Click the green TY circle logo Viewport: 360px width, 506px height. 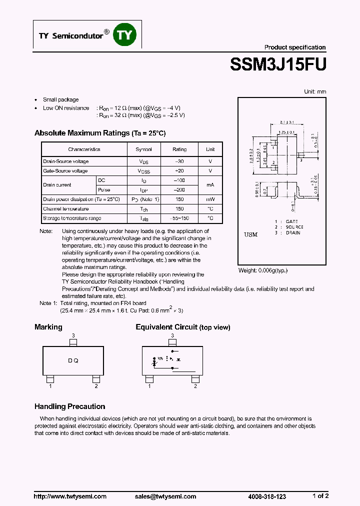(x=125, y=34)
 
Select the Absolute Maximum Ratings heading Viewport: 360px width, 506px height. (x=99, y=133)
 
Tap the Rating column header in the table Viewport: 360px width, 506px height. (x=179, y=149)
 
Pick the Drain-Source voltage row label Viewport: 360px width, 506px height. (x=66, y=161)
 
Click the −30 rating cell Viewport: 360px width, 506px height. (x=179, y=161)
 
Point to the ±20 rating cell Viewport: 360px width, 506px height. (x=179, y=171)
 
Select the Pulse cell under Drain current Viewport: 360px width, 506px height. (x=104, y=190)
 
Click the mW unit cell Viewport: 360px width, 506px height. (x=210, y=199)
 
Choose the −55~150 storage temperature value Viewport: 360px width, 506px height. (x=179, y=218)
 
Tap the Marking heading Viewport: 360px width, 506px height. (x=48, y=327)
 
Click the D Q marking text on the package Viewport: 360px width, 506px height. (x=73, y=360)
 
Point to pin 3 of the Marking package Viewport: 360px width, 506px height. (x=73, y=342)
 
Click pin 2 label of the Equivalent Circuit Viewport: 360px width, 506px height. (x=195, y=386)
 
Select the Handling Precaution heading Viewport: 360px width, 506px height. (x=69, y=406)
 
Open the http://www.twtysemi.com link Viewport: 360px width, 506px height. (x=70, y=496)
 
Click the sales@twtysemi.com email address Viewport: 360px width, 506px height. (x=165, y=496)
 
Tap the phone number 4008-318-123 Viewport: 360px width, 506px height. (x=267, y=496)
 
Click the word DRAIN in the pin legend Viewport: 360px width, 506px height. (x=293, y=233)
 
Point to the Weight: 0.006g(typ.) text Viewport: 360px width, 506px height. (x=263, y=270)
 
